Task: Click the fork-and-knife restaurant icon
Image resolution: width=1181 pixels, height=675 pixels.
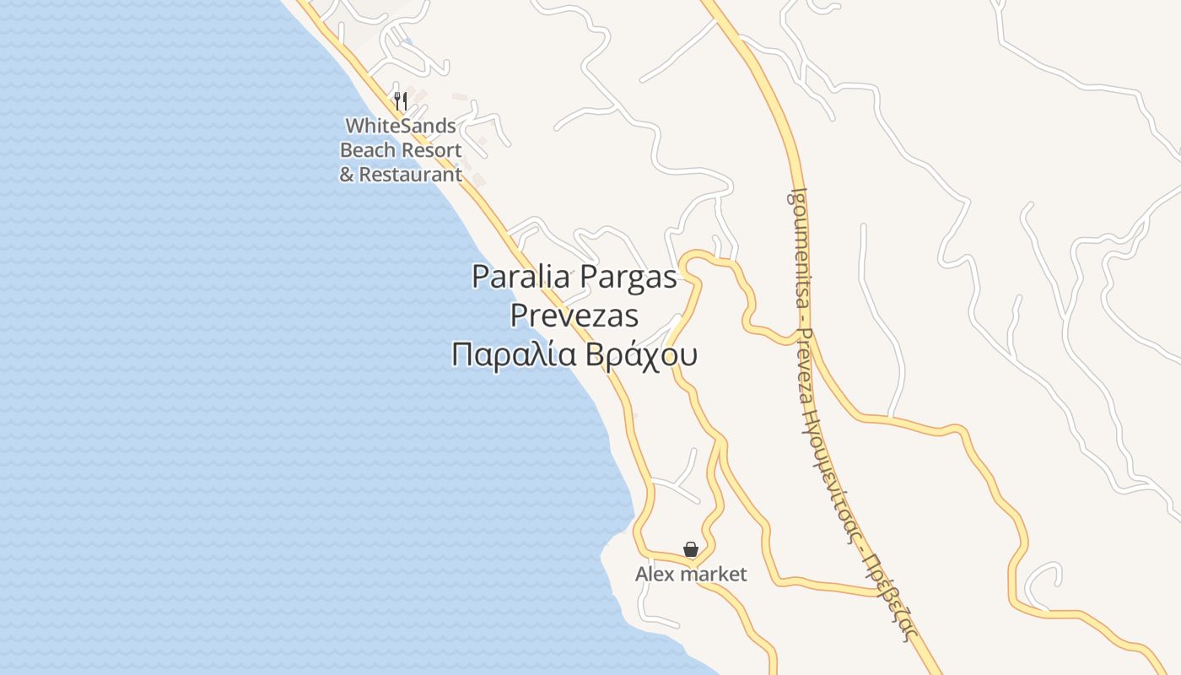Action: coord(401,102)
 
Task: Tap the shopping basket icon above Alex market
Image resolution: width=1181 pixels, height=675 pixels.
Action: coord(691,550)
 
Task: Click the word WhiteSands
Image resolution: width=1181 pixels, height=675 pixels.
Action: coord(401,126)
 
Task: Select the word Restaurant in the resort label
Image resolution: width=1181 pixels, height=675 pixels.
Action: coord(411,175)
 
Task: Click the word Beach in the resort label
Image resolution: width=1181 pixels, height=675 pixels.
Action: coord(368,150)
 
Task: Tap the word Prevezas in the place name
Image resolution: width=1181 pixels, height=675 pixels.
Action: coord(574,316)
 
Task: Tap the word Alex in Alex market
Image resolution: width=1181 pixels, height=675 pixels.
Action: coord(650,575)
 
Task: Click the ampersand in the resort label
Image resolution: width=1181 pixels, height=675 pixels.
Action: coord(347,175)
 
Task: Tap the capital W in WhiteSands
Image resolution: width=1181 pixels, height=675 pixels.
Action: coord(354,126)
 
